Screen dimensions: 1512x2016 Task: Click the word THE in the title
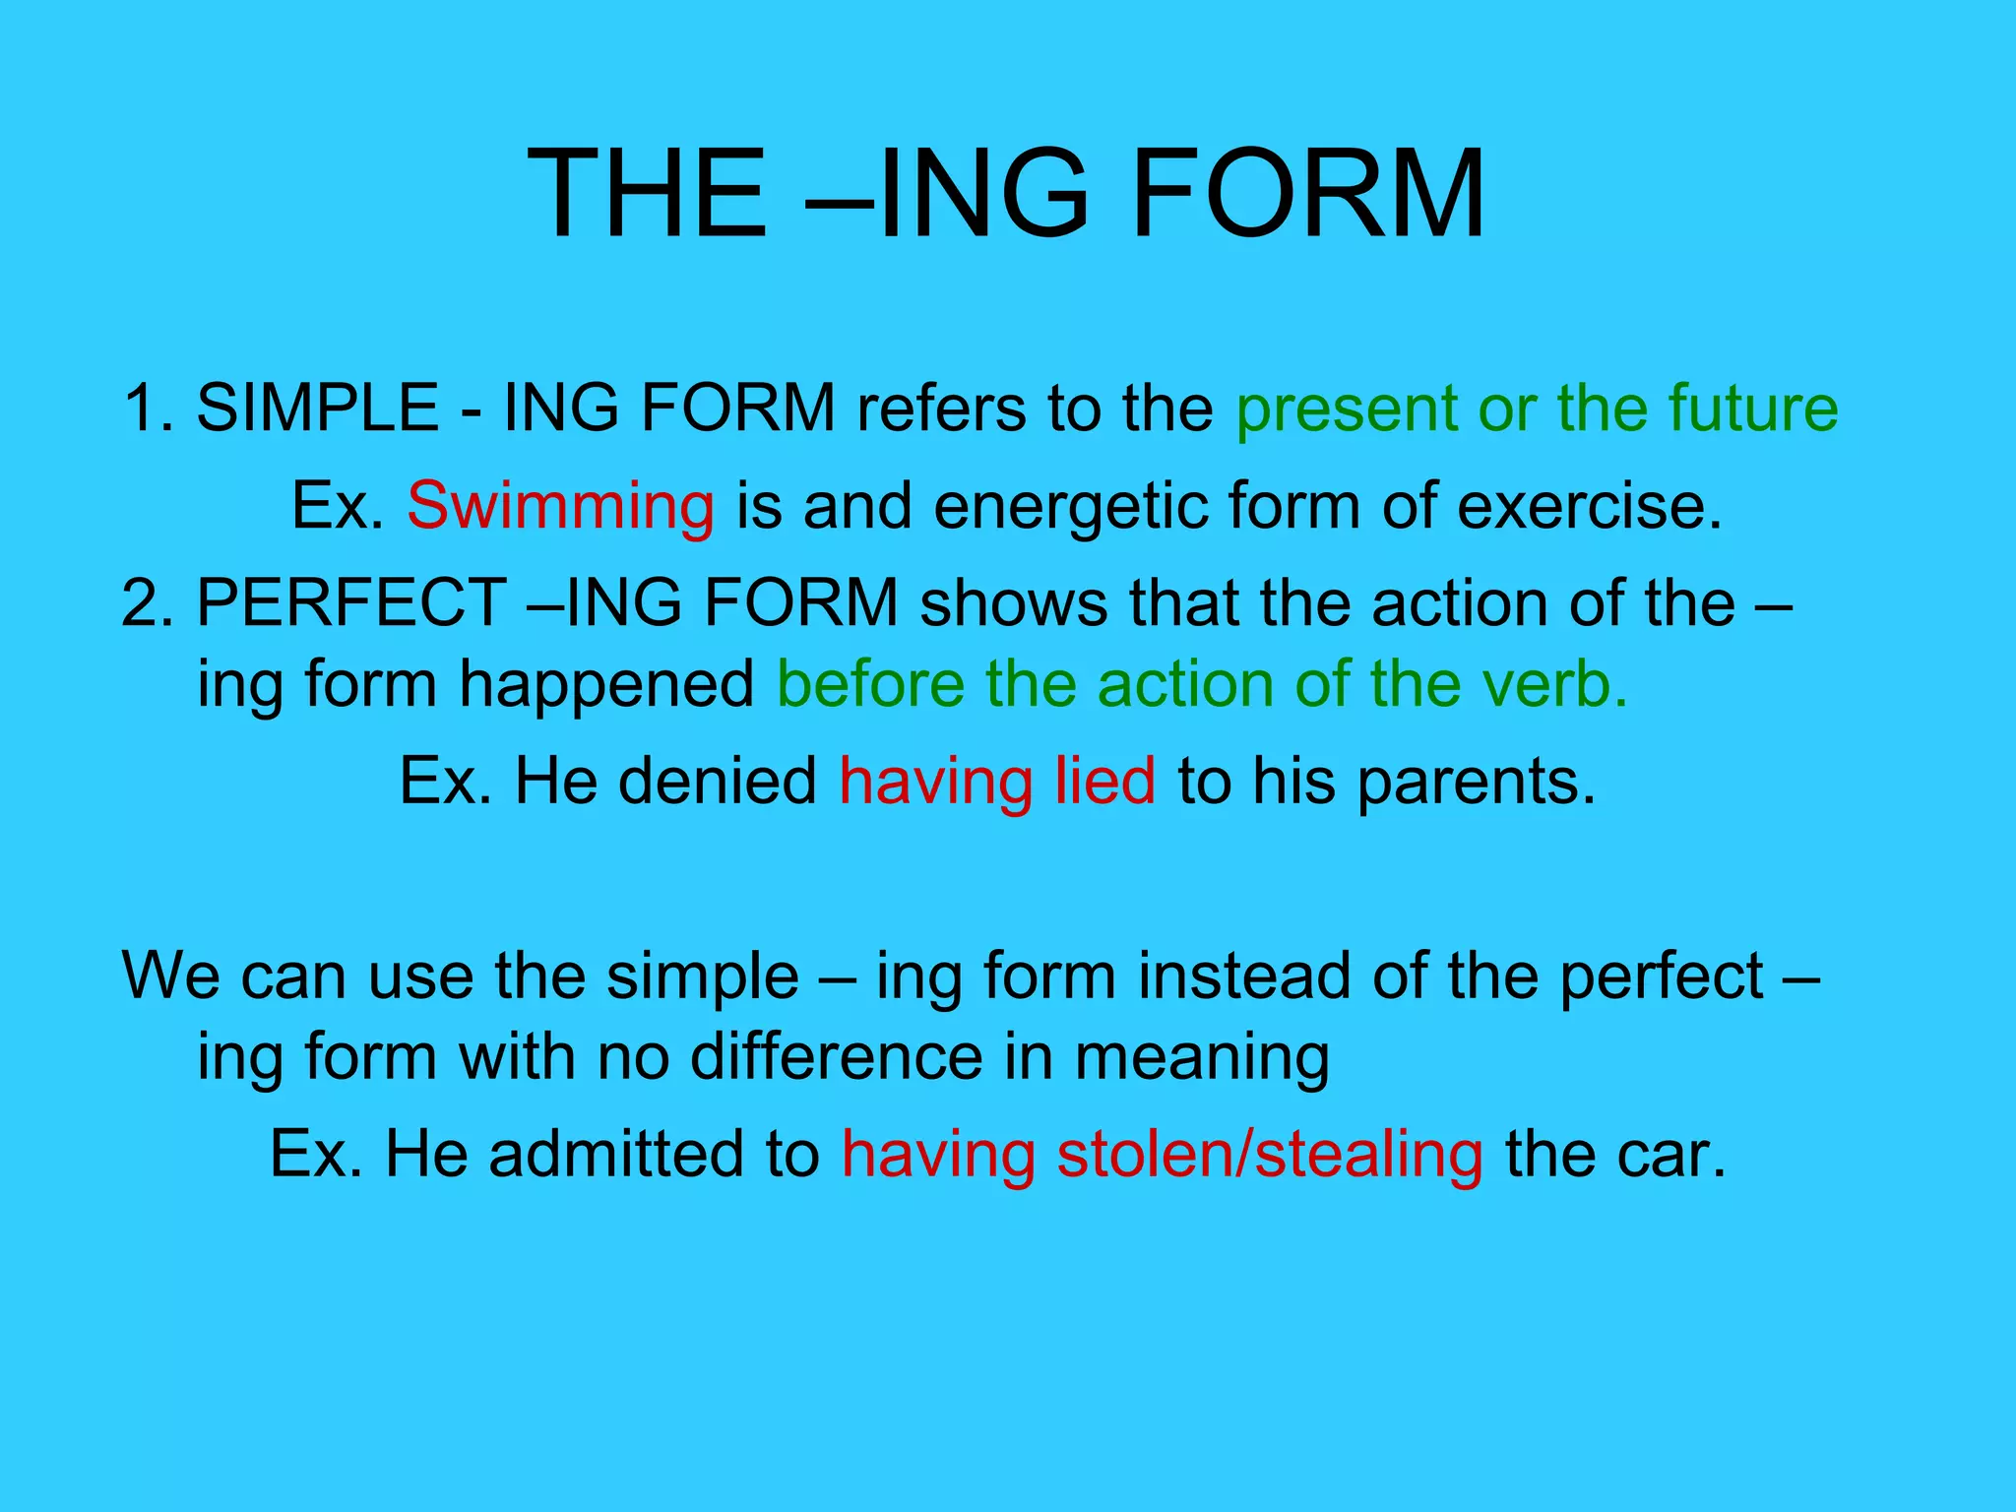[647, 193]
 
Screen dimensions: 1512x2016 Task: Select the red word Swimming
[560, 506]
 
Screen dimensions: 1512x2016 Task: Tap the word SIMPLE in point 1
[317, 408]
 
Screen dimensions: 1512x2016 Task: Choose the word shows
[1013, 602]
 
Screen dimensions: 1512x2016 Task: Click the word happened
[606, 685]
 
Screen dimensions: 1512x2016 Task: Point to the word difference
[836, 1057]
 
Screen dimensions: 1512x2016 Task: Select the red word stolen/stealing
[1269, 1156]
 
